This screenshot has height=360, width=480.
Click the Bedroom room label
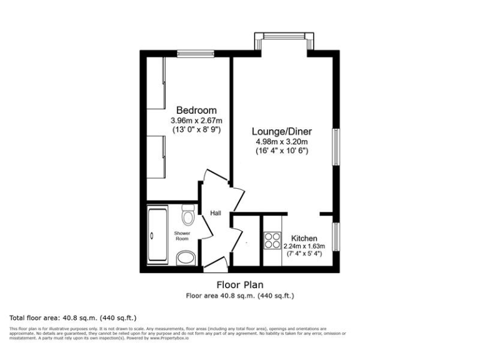tap(196, 111)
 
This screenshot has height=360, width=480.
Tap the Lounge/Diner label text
tap(281, 132)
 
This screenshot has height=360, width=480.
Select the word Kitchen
tap(304, 239)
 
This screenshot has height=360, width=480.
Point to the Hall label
tap(215, 214)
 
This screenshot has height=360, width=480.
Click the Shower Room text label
tap(181, 236)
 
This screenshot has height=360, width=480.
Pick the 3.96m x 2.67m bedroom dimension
tap(196, 121)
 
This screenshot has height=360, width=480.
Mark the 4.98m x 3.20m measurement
tap(281, 142)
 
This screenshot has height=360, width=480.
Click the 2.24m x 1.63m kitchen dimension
tap(304, 247)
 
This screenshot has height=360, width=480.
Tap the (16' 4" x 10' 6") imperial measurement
tap(281, 151)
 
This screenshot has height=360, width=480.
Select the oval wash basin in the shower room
tap(186, 257)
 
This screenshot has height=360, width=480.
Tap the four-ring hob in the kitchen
tap(272, 241)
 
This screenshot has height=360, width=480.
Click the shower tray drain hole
tap(152, 236)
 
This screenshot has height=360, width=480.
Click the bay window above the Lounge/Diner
tap(285, 37)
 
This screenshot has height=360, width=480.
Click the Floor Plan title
tap(240, 285)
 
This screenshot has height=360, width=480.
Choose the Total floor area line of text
tap(73, 317)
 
